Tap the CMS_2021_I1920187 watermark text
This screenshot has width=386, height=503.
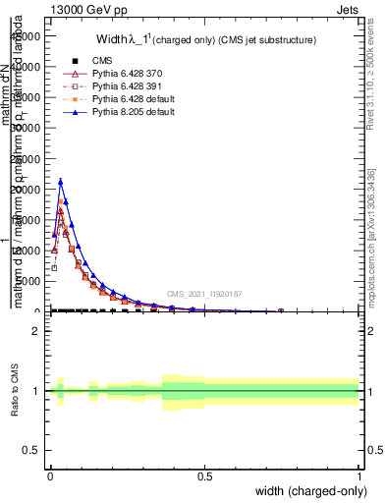[x=204, y=293]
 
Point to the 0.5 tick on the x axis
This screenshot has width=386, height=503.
[x=204, y=475]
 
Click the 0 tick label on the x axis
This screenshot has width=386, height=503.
[x=50, y=475]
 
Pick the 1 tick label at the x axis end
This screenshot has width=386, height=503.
[x=358, y=475]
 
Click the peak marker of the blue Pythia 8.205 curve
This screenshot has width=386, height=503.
[x=61, y=182]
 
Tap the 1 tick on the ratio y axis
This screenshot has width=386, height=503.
[x=37, y=390]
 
